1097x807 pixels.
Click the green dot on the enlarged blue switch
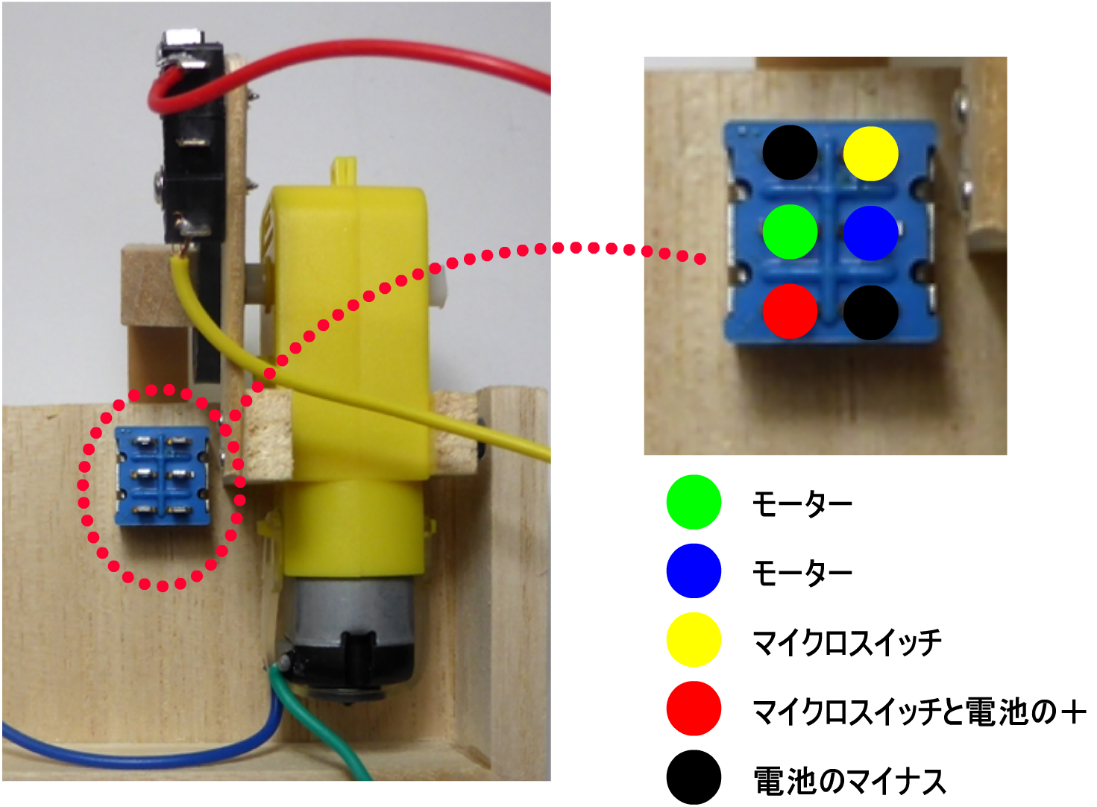[x=790, y=232]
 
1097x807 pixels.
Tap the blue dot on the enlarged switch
[x=870, y=233]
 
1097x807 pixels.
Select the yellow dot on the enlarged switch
[x=870, y=154]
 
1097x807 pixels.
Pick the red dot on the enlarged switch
[x=790, y=311]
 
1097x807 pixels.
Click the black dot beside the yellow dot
[x=790, y=153]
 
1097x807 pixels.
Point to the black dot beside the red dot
[x=870, y=312]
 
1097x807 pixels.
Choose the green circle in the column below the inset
[x=694, y=502]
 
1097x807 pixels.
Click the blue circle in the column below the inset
[x=694, y=571]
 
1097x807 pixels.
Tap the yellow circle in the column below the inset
[x=694, y=639]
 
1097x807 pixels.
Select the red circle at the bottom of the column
[x=694, y=708]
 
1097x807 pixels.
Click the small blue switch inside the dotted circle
[x=163, y=476]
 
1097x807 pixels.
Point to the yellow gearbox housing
[x=351, y=336]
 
